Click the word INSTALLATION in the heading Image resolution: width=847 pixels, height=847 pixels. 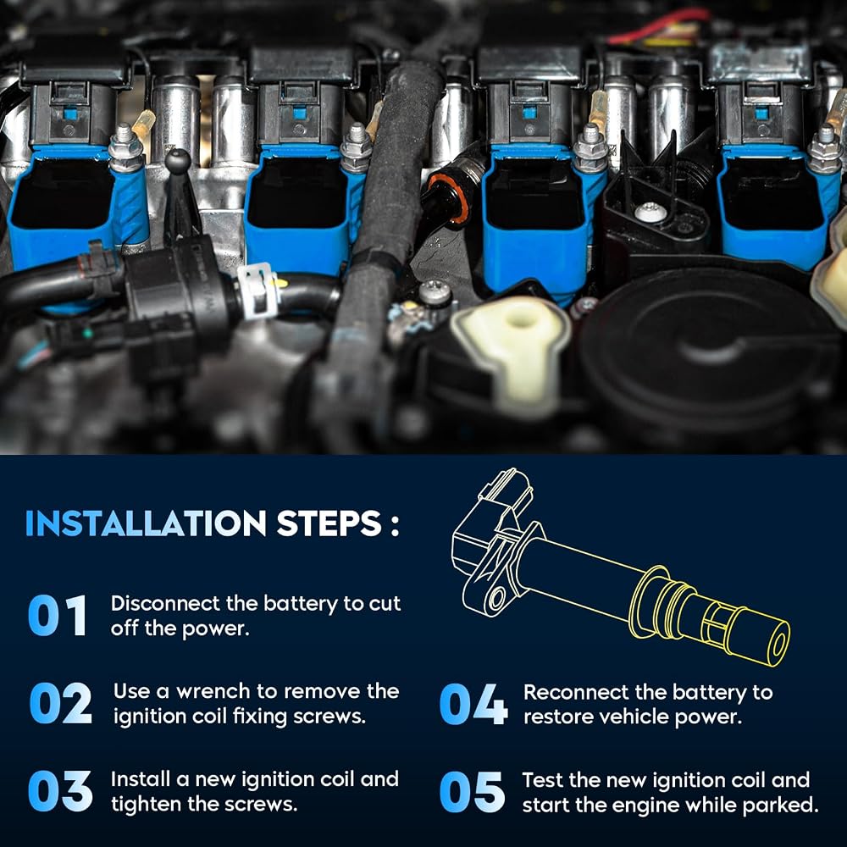[146, 523]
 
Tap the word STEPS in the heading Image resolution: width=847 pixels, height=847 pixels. [329, 523]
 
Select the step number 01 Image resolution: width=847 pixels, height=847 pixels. [58, 615]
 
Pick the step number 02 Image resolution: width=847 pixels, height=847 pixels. [60, 703]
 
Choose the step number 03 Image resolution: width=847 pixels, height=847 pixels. [60, 791]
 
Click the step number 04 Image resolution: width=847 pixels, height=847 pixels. [473, 704]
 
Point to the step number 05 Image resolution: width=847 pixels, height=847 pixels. [472, 792]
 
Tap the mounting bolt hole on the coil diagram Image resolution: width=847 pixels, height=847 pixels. [496, 598]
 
